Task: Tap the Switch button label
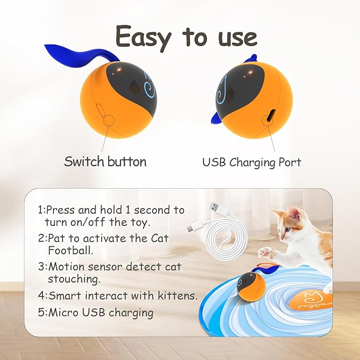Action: click(x=105, y=161)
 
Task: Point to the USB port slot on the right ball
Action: click(x=271, y=115)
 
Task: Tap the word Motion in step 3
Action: click(x=63, y=267)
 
